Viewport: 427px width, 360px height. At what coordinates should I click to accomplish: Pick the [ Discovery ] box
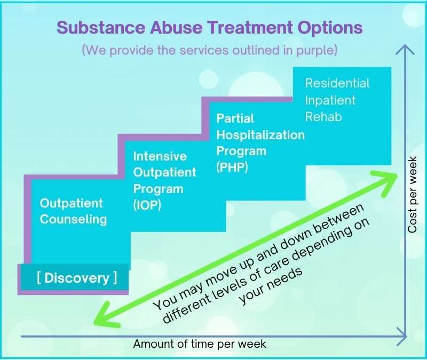pyautogui.click(x=77, y=278)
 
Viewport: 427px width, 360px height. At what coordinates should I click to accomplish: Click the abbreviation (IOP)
pyautogui.click(x=147, y=205)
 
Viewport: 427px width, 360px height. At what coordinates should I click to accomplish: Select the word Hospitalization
pyautogui.click(x=260, y=135)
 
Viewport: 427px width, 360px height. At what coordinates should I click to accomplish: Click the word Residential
pyautogui.click(x=337, y=84)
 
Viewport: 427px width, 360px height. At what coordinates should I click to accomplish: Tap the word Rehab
pyautogui.click(x=323, y=116)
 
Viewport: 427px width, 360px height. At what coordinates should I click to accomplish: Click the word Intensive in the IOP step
pyautogui.click(x=160, y=156)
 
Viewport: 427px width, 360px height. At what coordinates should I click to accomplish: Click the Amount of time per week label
pyautogui.click(x=199, y=344)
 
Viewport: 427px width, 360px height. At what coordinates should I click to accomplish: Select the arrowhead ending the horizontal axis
pyautogui.click(x=405, y=337)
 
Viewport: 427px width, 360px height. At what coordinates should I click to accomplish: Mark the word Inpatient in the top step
pyautogui.click(x=330, y=100)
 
